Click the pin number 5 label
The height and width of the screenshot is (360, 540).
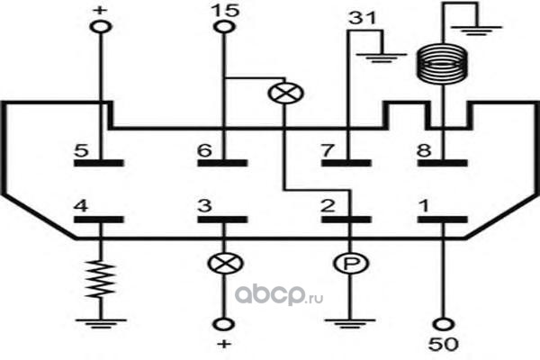[x=82, y=150]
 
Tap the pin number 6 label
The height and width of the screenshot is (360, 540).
[x=204, y=150]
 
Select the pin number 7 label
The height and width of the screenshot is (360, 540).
[x=328, y=150]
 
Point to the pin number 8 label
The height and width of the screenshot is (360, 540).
[x=424, y=150]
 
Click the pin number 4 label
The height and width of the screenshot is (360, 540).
[x=81, y=206]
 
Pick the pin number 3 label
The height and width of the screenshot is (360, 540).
[x=204, y=206]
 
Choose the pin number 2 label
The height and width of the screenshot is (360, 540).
[x=328, y=206]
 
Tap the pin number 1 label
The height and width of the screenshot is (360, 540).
[x=424, y=206]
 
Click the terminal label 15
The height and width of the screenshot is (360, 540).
[x=225, y=10]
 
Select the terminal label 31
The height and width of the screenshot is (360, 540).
[x=363, y=18]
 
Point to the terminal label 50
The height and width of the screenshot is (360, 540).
[x=444, y=344]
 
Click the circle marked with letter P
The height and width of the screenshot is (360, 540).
[x=351, y=264]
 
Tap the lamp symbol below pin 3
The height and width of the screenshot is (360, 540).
[x=226, y=264]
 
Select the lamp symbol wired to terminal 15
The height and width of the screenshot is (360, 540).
[x=285, y=93]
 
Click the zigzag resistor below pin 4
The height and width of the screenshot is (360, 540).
[x=101, y=280]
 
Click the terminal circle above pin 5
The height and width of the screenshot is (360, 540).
[x=101, y=26]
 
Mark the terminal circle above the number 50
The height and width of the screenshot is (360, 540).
[x=444, y=324]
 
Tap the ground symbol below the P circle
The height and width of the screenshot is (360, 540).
[x=350, y=324]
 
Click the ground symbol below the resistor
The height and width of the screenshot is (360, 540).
[x=101, y=324]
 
